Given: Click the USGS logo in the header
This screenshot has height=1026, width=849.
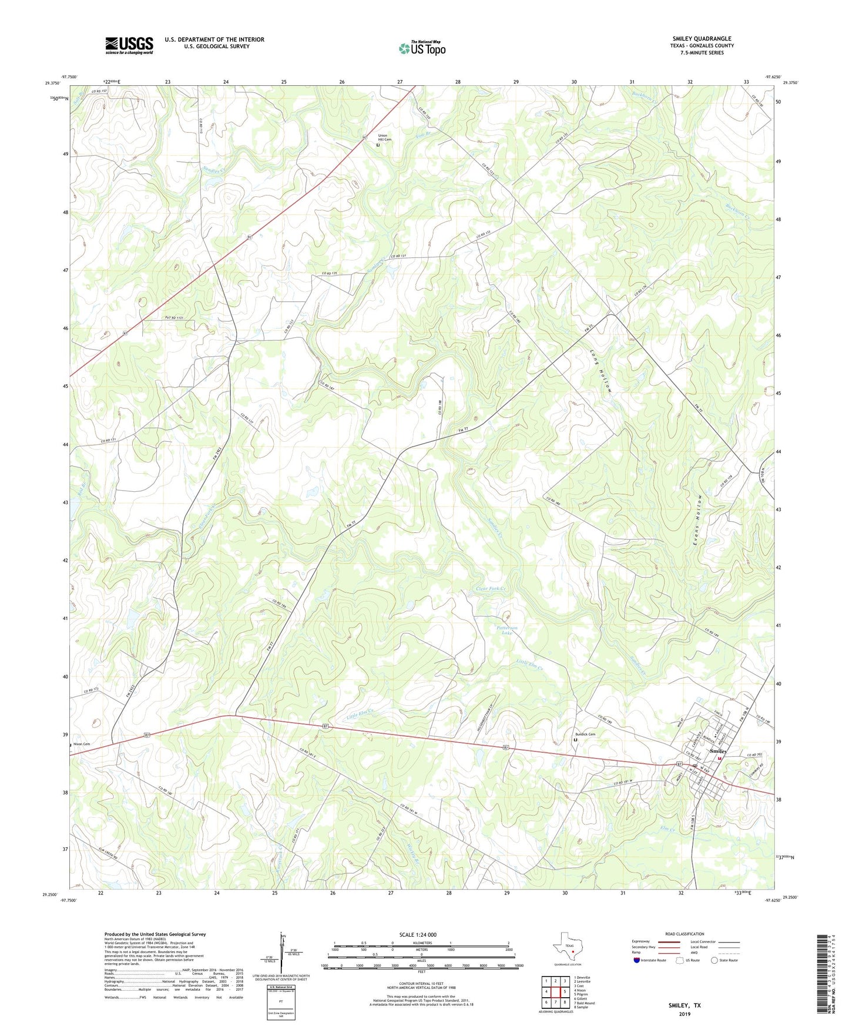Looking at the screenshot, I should pos(129,45).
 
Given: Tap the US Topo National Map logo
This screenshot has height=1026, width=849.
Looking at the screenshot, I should pos(422,48).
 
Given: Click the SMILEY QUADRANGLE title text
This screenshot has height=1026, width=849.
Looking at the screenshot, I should pos(702,39).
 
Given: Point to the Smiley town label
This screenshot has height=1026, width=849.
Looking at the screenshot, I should pos(718,751).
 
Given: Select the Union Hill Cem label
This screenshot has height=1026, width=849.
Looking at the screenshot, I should pos(385,138).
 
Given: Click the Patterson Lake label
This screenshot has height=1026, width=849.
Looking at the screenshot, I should pos(506,630).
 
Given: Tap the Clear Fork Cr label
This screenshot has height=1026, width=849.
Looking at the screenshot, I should pos(491,589).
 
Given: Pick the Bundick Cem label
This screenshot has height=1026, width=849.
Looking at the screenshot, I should pos(585,735).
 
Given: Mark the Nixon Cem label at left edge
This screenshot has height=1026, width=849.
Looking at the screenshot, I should pos(82,745).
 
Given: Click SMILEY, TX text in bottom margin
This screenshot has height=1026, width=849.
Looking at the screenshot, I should pos(684,1005).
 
